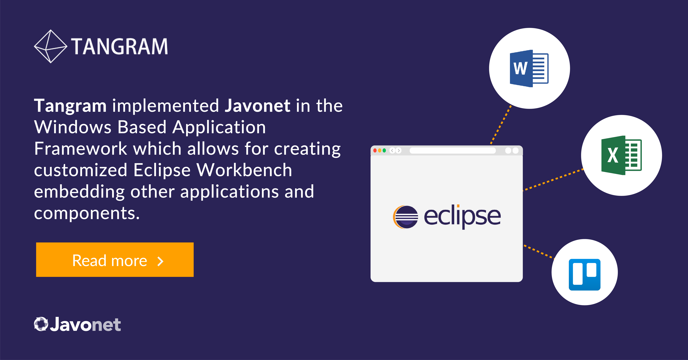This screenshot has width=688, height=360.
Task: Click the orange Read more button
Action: tap(115, 260)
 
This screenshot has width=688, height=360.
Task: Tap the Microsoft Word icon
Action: tap(529, 68)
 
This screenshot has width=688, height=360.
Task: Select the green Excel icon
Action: tap(621, 155)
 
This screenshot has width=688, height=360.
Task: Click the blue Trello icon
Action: tap(585, 275)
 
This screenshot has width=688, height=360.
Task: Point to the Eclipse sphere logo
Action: tap(405, 217)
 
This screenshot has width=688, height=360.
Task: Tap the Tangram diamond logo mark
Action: tap(50, 46)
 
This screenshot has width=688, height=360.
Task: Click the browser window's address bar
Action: tap(453, 151)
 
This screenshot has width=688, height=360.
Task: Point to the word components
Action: tap(87, 214)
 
